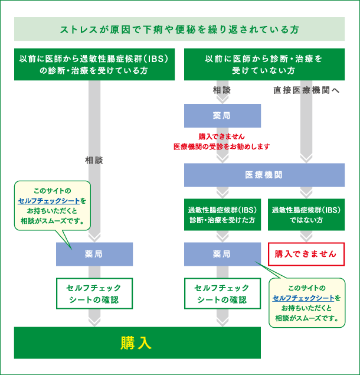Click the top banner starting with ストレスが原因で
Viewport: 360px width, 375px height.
click(x=179, y=29)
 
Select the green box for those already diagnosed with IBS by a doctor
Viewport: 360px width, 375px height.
click(x=94, y=64)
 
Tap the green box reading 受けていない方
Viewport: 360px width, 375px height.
click(x=264, y=64)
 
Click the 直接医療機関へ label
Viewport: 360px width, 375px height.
click(x=306, y=91)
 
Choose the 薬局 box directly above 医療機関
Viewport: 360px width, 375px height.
click(x=222, y=115)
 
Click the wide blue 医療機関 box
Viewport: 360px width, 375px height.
click(x=264, y=175)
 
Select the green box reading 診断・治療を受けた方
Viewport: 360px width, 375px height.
click(x=222, y=214)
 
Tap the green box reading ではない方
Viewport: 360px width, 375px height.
click(x=306, y=214)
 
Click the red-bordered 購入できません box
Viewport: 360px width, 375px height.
click(x=306, y=254)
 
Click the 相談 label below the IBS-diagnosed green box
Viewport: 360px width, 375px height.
click(x=94, y=160)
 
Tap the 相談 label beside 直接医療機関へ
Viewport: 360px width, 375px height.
click(x=222, y=91)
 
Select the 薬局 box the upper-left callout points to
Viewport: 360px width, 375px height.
click(x=94, y=254)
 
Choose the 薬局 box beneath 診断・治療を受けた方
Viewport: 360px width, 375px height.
click(x=222, y=254)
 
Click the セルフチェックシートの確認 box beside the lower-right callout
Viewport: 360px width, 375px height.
click(x=222, y=294)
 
